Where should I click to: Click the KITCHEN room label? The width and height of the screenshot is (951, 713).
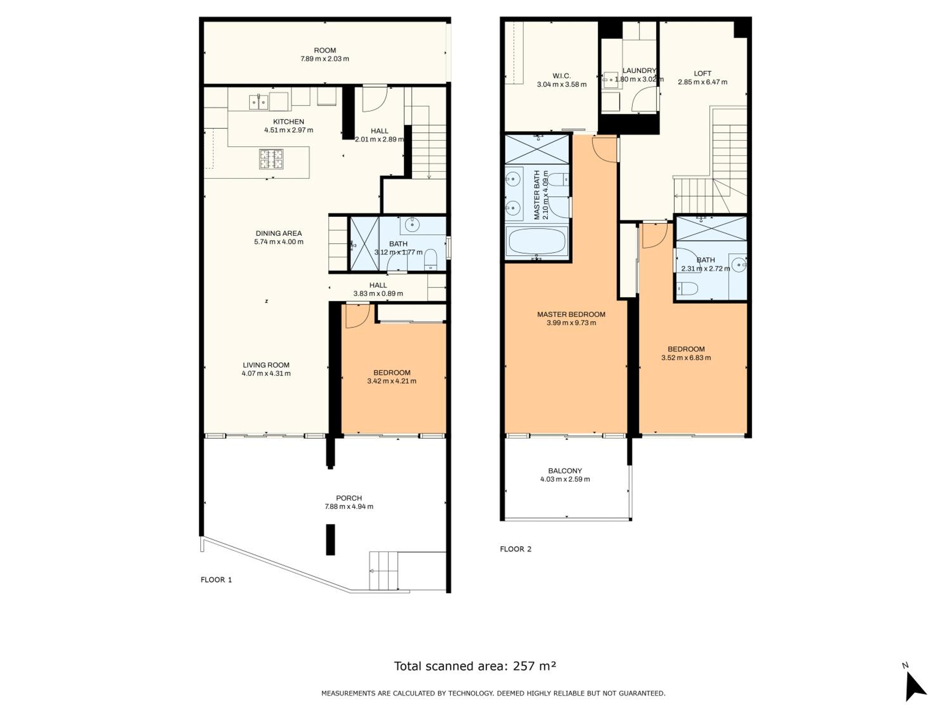pyautogui.click(x=288, y=122)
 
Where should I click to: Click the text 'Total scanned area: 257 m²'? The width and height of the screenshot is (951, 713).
pyautogui.click(x=475, y=666)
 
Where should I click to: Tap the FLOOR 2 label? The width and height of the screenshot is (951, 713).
pyautogui.click(x=515, y=549)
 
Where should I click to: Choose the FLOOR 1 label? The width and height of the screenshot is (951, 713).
pyautogui.click(x=216, y=580)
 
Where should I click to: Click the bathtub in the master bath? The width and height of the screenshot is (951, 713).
pyautogui.click(x=537, y=242)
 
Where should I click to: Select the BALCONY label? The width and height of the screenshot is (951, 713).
pyautogui.click(x=565, y=471)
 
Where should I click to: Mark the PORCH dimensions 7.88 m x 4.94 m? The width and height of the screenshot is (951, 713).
pyautogui.click(x=349, y=507)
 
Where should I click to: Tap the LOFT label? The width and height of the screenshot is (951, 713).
pyautogui.click(x=702, y=74)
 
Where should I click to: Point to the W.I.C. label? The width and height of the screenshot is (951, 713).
pyautogui.click(x=561, y=76)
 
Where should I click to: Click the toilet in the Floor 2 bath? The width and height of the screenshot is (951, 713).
pyautogui.click(x=687, y=288)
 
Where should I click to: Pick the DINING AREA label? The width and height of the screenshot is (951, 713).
pyautogui.click(x=279, y=233)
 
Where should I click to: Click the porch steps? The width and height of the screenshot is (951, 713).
pyautogui.click(x=384, y=571)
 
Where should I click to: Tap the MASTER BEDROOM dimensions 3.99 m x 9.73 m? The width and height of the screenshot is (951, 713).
pyautogui.click(x=571, y=323)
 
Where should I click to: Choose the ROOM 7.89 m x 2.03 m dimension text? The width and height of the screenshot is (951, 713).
pyautogui.click(x=325, y=59)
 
